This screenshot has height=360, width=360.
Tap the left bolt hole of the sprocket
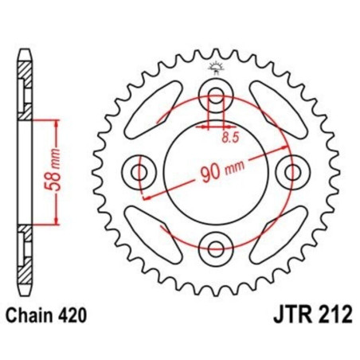tap(139, 171)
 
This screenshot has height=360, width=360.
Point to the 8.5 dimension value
tap(229, 137)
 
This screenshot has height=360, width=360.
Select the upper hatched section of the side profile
tap(26, 88)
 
